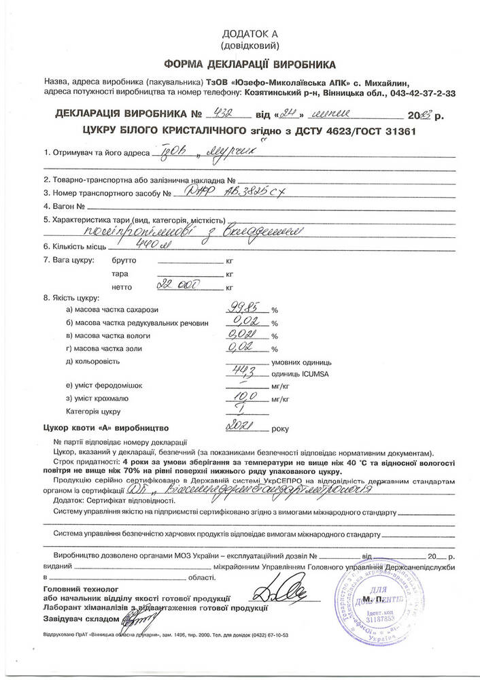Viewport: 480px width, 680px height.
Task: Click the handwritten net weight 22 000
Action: click(x=175, y=286)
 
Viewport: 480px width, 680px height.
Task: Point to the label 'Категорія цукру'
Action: click(x=93, y=412)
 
